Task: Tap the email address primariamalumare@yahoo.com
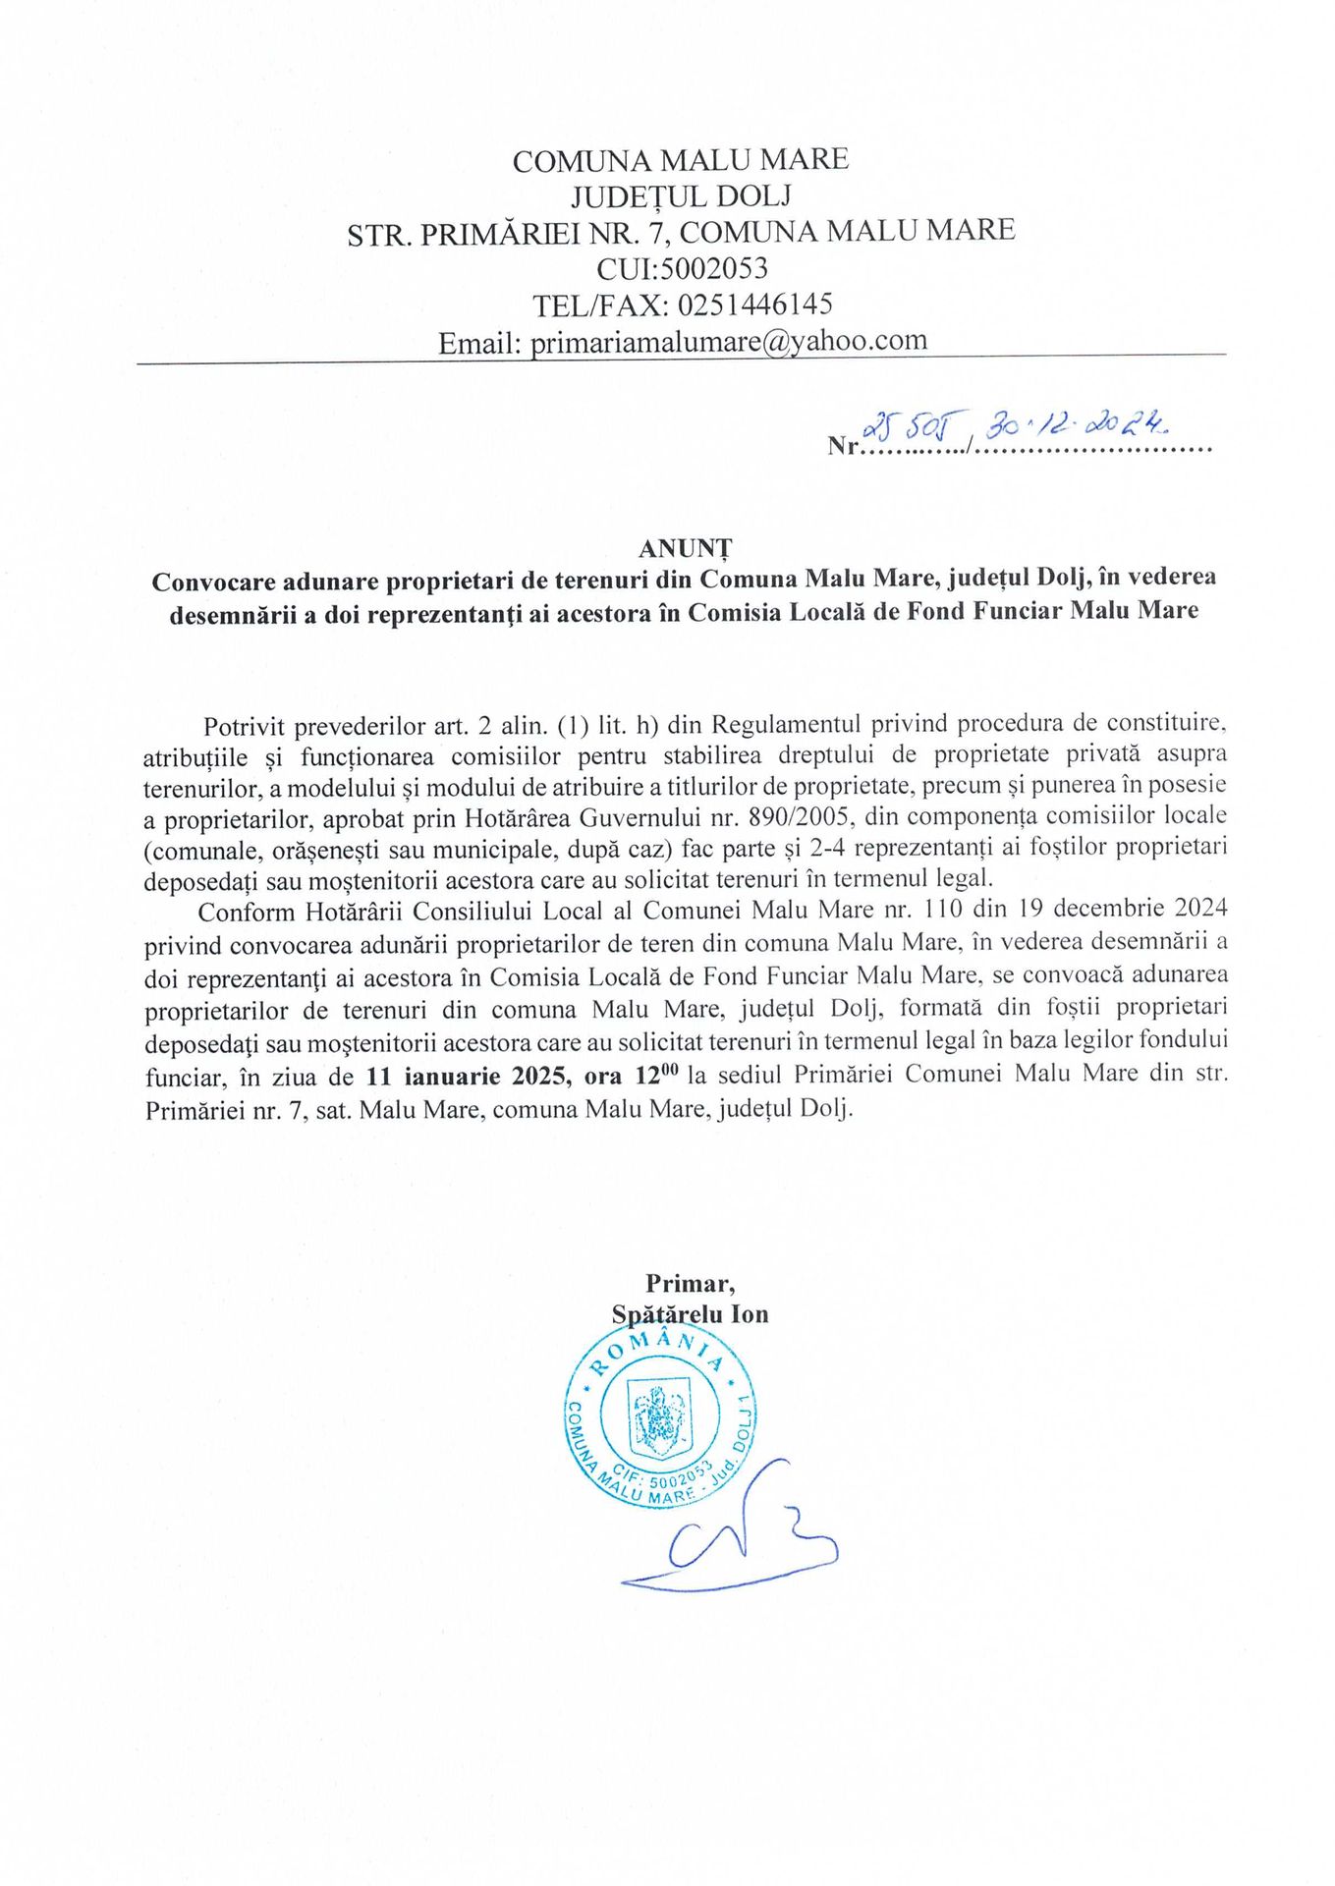point(728,341)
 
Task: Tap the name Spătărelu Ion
point(690,1314)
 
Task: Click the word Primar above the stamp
point(690,1283)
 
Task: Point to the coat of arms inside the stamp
point(659,1419)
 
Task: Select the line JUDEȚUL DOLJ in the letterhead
point(681,196)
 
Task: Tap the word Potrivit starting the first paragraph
point(244,727)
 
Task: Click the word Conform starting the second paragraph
point(247,911)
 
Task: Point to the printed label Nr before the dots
point(843,446)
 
